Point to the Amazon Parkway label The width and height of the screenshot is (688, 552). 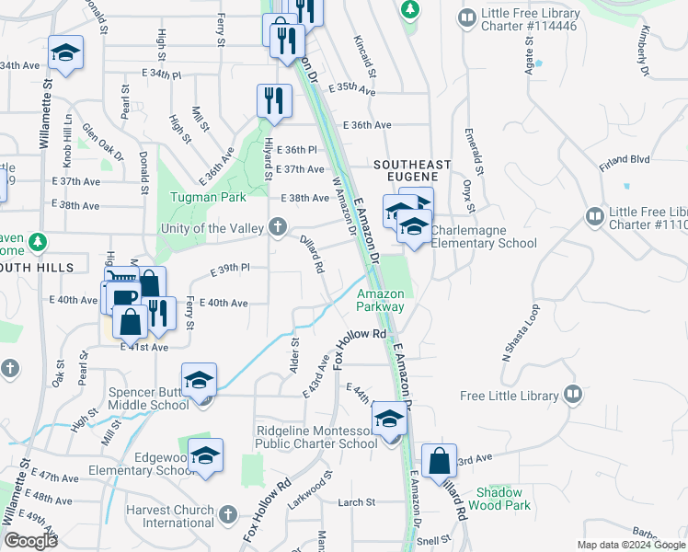point(381,300)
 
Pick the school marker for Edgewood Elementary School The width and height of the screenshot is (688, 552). point(205,455)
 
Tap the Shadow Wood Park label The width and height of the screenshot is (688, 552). point(499,499)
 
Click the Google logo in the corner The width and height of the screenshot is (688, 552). point(30,541)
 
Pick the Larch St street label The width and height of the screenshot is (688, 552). point(357,502)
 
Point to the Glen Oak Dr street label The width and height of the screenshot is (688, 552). point(101,144)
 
